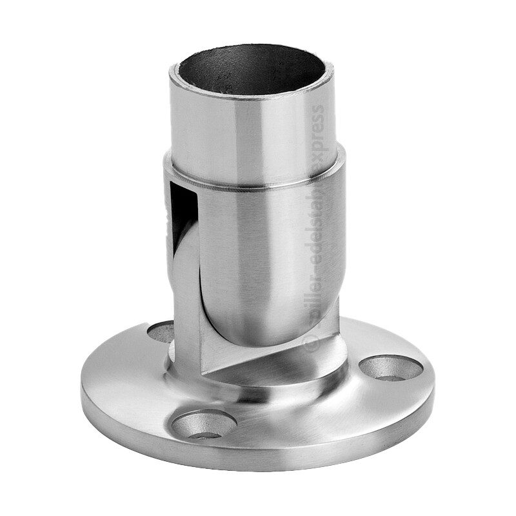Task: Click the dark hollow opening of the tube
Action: (x=252, y=70)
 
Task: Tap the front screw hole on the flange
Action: (x=204, y=424)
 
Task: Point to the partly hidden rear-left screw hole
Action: (x=161, y=331)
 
